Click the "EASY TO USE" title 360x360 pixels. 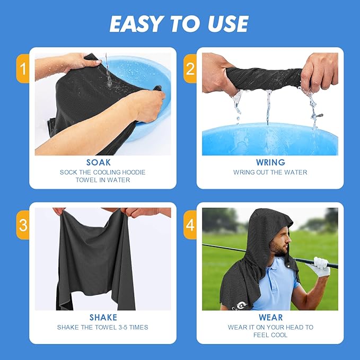point(179,24)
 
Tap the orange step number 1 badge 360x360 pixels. point(22,69)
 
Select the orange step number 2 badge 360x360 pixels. point(190,69)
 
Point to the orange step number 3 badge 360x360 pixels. point(22,225)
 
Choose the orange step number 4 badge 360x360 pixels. point(190,225)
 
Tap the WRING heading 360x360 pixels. point(270,163)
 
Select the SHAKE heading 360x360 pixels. point(103,318)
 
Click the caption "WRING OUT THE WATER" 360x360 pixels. point(270,172)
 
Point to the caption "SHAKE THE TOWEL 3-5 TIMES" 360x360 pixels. point(103,327)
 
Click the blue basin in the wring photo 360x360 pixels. point(270,140)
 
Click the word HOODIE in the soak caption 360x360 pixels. point(131,172)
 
